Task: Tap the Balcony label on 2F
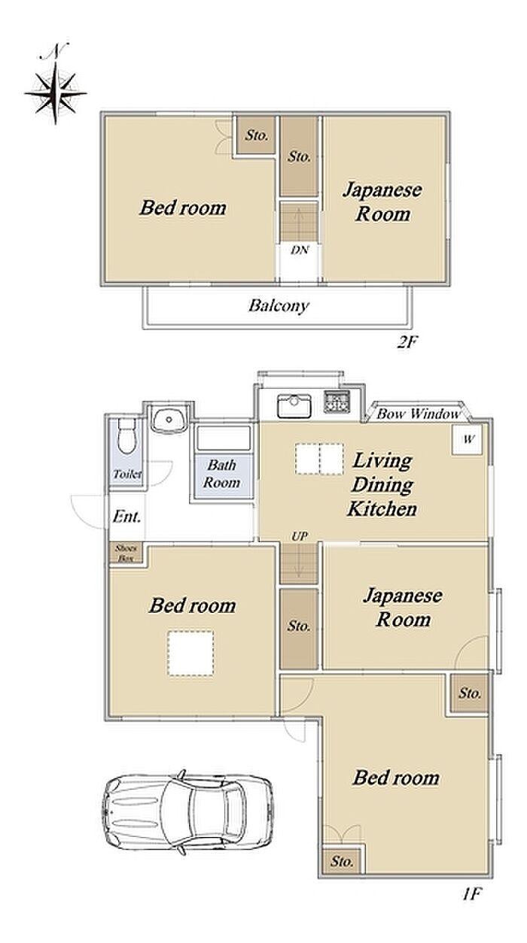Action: click(279, 305)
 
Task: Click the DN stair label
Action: click(300, 250)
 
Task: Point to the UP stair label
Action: click(300, 536)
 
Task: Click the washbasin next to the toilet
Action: click(169, 420)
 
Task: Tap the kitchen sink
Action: click(294, 406)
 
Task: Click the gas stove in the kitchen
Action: click(337, 402)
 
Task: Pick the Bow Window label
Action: click(419, 414)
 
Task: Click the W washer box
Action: click(468, 439)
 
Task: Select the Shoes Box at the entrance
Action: click(126, 553)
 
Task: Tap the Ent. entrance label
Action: click(126, 517)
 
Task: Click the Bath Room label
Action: click(222, 474)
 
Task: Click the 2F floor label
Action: click(407, 342)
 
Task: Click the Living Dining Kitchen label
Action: click(382, 485)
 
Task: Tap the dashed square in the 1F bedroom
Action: click(191, 653)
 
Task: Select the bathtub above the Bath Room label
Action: click(224, 438)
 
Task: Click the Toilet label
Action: click(127, 474)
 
